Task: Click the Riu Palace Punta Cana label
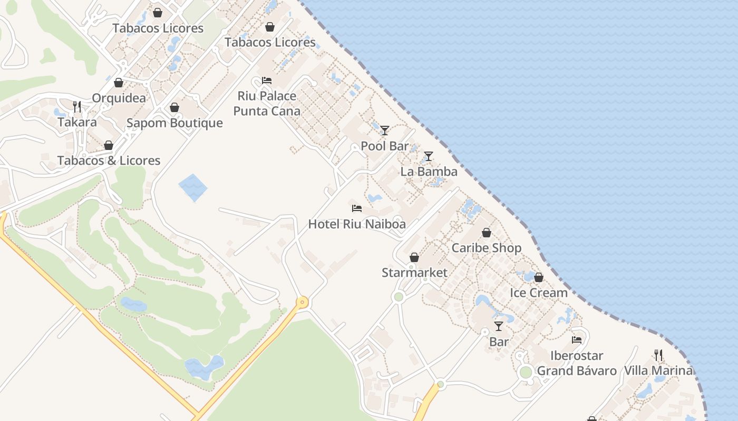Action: tap(267, 104)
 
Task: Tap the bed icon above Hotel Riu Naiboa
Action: tap(357, 208)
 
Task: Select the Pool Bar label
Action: tap(385, 146)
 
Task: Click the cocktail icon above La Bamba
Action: tap(429, 156)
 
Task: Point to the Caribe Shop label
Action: tap(486, 248)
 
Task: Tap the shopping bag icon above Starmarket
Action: tap(414, 257)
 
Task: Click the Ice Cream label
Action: tap(538, 293)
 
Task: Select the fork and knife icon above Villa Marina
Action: tap(658, 355)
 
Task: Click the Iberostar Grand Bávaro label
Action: tap(577, 363)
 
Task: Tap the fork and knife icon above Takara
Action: tap(77, 107)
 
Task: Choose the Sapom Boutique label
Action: tap(174, 123)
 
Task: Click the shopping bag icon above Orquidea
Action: tap(119, 83)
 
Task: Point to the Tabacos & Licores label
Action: tap(109, 161)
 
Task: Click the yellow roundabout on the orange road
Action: tap(302, 303)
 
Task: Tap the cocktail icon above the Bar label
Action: tap(499, 326)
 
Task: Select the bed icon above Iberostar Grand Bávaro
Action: tap(577, 340)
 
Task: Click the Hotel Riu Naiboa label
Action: tap(357, 224)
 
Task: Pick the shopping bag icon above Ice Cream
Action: tap(539, 277)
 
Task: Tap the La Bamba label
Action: tap(429, 172)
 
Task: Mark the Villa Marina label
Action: tap(658, 370)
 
